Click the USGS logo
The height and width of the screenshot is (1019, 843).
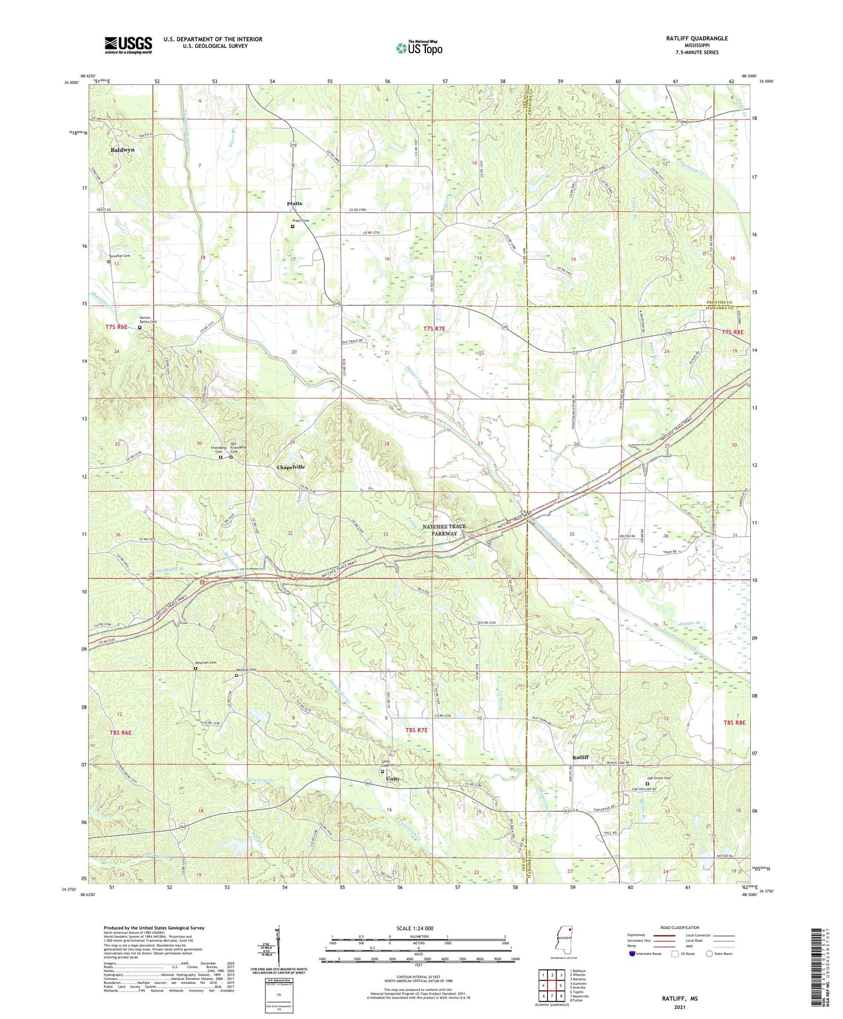(x=128, y=44)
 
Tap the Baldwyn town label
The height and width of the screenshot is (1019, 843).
(x=123, y=150)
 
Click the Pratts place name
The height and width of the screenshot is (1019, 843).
(x=295, y=204)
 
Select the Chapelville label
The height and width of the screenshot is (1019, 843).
(x=291, y=467)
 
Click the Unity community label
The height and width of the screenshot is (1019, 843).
(x=393, y=779)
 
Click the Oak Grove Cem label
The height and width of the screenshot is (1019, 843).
(x=659, y=778)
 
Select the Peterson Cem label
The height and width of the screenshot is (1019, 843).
(x=205, y=662)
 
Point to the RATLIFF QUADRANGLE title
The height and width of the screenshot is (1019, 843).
(x=697, y=39)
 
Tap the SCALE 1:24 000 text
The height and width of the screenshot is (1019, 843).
(x=415, y=928)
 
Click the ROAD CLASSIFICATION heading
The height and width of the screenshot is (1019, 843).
(x=680, y=927)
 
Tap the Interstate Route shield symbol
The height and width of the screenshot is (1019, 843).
(x=632, y=954)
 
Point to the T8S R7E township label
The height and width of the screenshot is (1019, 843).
(x=417, y=730)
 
